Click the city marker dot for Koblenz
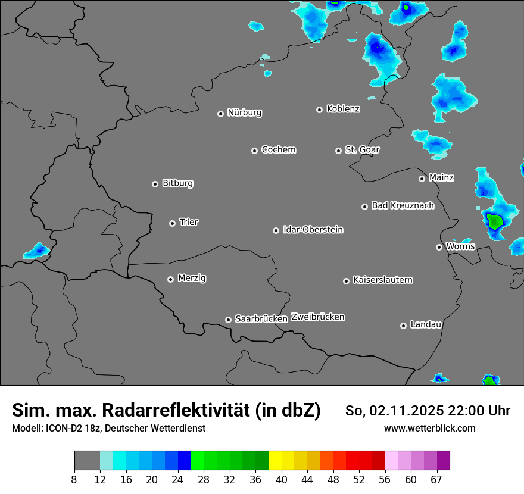320,110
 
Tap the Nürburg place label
245,112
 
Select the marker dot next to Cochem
254,151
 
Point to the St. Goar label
363,149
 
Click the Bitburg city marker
155,184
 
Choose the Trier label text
189,222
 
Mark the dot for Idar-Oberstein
276,230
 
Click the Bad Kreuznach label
403,205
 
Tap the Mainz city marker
422,179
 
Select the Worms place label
460,246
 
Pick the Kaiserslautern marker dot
346,281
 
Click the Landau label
426,324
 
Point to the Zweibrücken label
317,317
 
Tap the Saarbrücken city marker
228,320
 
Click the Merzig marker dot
171,279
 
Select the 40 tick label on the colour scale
282,480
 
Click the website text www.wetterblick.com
429,429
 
